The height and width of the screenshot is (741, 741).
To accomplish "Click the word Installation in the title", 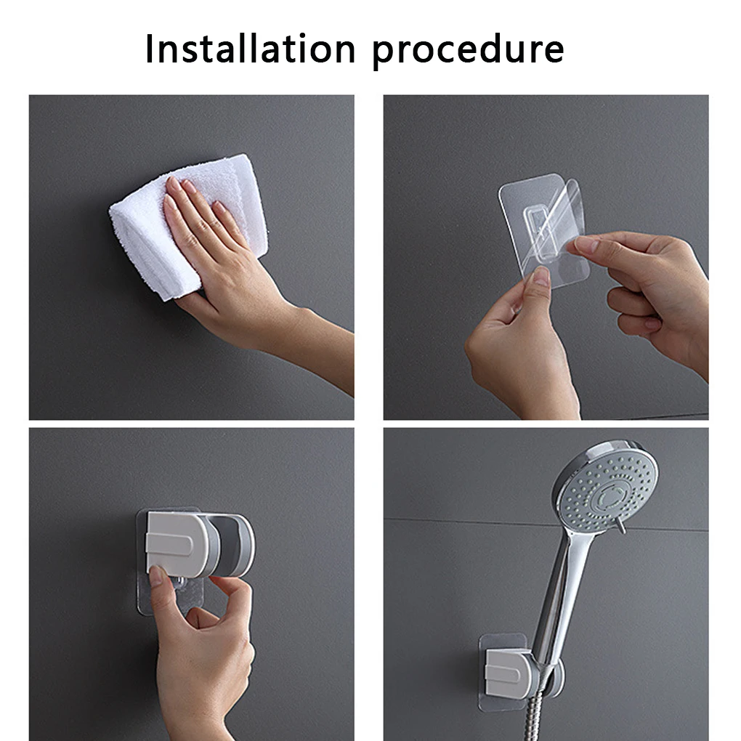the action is pos(250,49).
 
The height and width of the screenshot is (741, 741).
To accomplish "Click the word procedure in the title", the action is pos(468,51).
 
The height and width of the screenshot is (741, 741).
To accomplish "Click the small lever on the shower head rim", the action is pos(620,525).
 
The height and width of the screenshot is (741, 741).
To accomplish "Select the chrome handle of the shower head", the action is pos(562,596).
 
